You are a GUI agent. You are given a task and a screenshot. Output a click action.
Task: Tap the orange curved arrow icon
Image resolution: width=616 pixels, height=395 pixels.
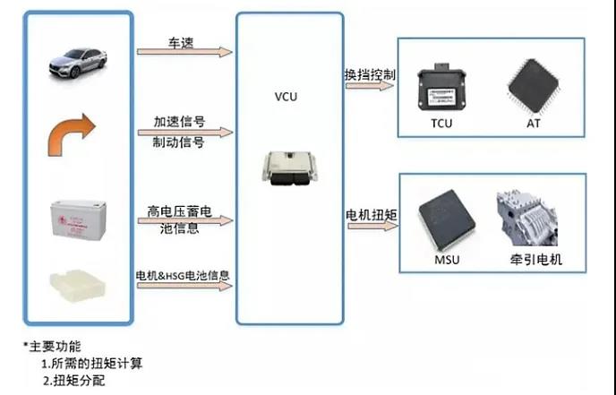[x=74, y=134]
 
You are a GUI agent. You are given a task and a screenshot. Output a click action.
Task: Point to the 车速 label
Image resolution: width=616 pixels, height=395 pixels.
[x=183, y=41]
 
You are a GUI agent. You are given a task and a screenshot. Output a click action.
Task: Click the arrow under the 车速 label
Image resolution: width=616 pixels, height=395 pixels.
[x=184, y=53]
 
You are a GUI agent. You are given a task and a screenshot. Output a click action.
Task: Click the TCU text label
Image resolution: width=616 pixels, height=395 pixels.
[x=441, y=123]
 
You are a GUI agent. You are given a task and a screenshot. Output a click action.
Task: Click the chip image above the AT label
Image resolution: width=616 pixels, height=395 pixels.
[x=535, y=84]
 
